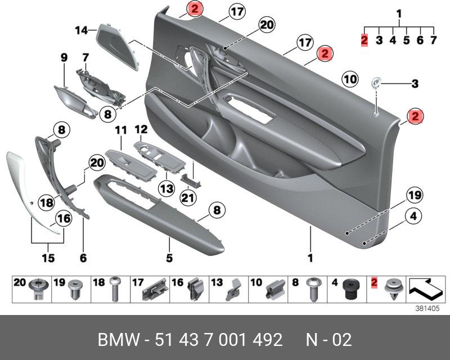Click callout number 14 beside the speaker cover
tap(82, 30)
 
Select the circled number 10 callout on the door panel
tap(350, 80)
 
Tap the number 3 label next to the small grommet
tap(415, 84)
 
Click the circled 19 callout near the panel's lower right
tap(414, 196)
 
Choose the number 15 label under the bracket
tap(48, 258)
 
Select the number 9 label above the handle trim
tap(64, 57)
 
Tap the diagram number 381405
tap(427, 308)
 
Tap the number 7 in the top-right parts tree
tap(433, 40)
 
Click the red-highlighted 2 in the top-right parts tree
tap(364, 40)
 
